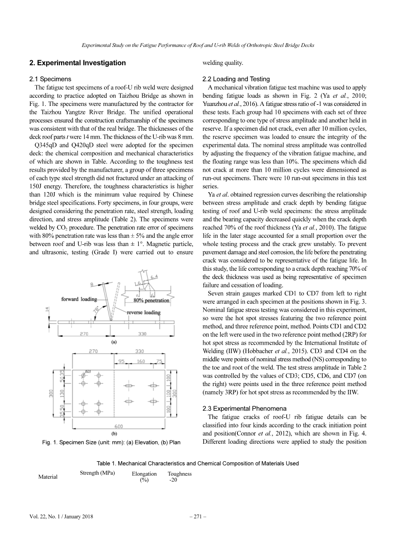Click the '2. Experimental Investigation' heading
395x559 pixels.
(x=77, y=63)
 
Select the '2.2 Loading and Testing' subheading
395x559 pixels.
(x=236, y=79)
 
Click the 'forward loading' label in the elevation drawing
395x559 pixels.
(x=79, y=299)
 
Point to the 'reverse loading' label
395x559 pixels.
(x=144, y=312)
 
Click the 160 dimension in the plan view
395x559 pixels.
(x=140, y=361)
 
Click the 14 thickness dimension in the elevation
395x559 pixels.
(x=47, y=308)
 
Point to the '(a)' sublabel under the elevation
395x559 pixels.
(x=114, y=341)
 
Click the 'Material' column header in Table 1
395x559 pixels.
(x=48, y=477)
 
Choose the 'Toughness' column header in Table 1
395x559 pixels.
(x=179, y=474)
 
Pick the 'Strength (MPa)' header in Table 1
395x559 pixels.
(x=97, y=473)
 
